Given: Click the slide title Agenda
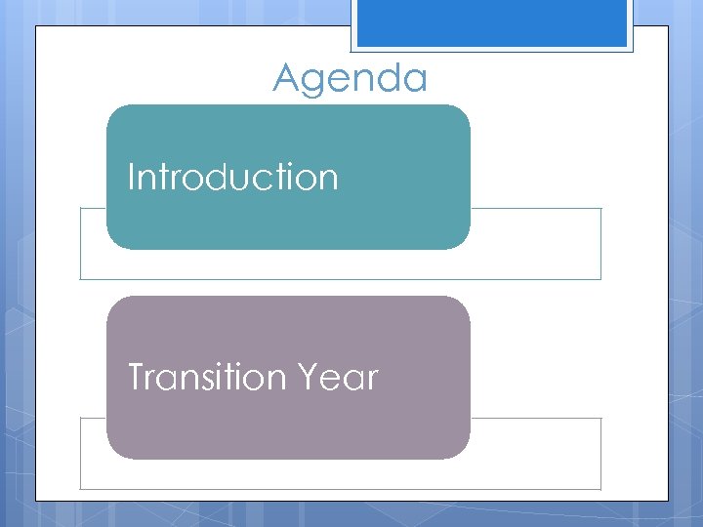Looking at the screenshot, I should click(x=350, y=78).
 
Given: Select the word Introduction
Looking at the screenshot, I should click(x=233, y=178).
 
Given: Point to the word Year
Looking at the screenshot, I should click(x=341, y=377).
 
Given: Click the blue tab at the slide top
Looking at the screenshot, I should click(x=491, y=22).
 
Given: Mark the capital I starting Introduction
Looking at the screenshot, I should click(x=132, y=178).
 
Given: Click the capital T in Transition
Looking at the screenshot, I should click(x=137, y=377).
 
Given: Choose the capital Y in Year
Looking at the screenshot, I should click(x=314, y=377).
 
